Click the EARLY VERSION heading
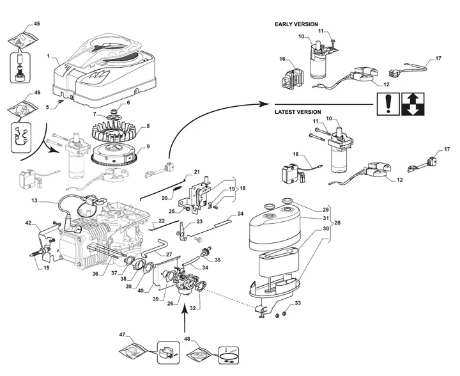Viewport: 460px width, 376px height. [296, 24]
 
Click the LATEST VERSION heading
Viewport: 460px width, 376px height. [298, 111]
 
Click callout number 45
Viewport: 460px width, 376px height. [36, 24]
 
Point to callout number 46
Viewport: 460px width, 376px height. [36, 93]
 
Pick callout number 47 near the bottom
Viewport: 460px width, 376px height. [122, 334]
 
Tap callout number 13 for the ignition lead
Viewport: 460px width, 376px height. [34, 201]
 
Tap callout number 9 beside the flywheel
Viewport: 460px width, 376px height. [148, 146]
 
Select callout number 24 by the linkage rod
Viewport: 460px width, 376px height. [240, 213]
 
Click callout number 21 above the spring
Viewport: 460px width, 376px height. [197, 173]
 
